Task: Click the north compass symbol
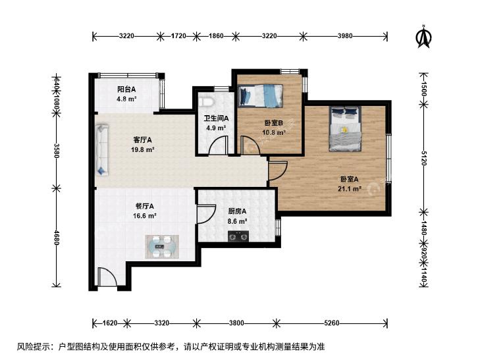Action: (x=423, y=38)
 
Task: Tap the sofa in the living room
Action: (x=102, y=149)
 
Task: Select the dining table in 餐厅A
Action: (x=162, y=247)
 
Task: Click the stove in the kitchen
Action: (x=238, y=236)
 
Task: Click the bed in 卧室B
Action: (x=260, y=96)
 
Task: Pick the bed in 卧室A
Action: (x=345, y=129)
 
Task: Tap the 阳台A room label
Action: (x=126, y=90)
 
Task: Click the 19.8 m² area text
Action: (x=142, y=150)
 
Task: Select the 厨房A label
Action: (x=237, y=211)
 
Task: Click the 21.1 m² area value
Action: (x=349, y=189)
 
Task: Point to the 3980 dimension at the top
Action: (x=345, y=36)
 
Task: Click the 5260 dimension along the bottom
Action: (x=332, y=323)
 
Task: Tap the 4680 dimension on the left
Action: (x=56, y=237)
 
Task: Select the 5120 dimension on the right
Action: (x=423, y=158)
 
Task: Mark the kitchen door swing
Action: (x=207, y=214)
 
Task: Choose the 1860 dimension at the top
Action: (x=216, y=36)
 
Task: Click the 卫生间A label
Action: (x=217, y=118)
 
